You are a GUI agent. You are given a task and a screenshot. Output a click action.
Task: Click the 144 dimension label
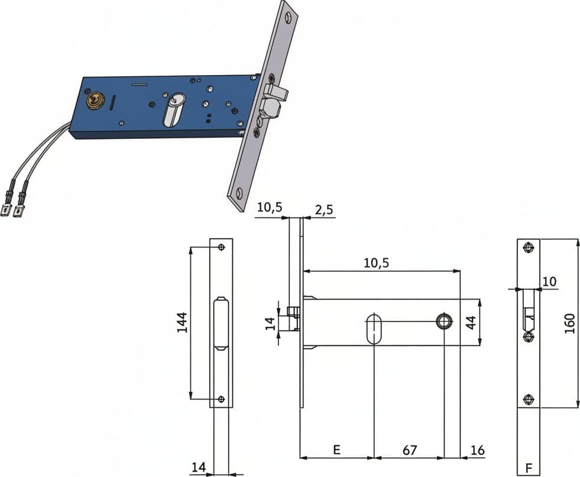[x=182, y=323]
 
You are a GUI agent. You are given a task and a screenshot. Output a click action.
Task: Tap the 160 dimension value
[x=569, y=323]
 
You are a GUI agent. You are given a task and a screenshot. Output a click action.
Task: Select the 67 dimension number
[x=410, y=450]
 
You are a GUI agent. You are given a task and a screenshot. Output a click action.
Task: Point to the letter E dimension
[x=336, y=450]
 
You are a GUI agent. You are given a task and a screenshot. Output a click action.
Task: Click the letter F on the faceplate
[x=529, y=469]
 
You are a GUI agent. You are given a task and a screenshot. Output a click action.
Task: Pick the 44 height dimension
[x=471, y=323]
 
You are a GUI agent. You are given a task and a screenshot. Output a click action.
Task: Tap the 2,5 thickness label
[x=324, y=210]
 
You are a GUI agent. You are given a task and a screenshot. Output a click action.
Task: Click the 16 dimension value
[x=477, y=450]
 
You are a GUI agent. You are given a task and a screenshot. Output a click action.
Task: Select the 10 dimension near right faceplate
[x=549, y=281]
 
